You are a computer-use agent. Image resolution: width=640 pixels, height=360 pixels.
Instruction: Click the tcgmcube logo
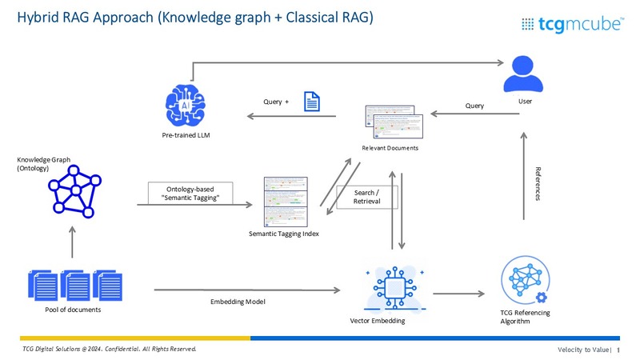point(572,24)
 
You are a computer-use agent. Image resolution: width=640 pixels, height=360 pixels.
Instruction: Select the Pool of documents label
point(73,310)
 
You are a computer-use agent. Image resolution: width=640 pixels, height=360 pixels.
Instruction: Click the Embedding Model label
point(233,302)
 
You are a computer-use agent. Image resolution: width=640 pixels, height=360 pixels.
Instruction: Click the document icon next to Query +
point(310,102)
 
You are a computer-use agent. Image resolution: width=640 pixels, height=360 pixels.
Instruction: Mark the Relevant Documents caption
point(390,148)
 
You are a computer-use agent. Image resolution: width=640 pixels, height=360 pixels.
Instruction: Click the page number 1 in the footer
point(618,350)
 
